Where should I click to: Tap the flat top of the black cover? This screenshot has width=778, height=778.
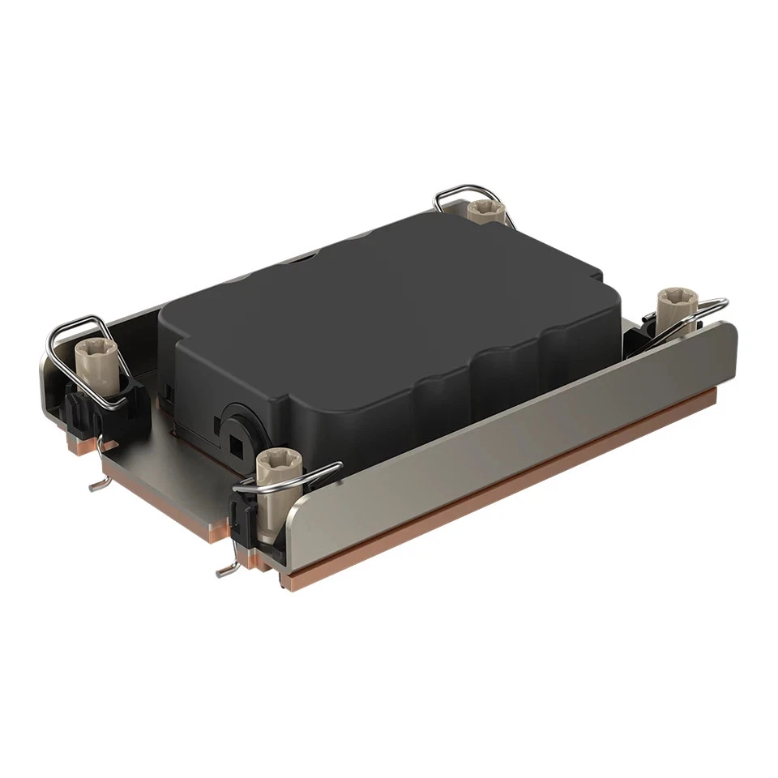[389, 284]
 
